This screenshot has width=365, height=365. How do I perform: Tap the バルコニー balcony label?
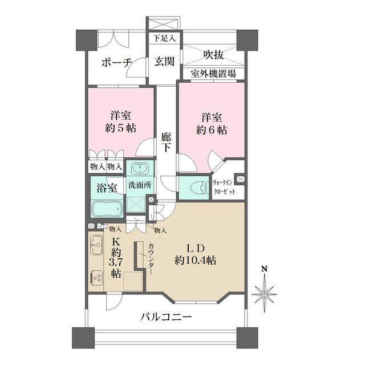[167, 317]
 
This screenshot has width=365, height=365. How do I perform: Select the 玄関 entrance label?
[164, 62]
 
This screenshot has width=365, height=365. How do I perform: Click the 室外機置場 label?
[214, 74]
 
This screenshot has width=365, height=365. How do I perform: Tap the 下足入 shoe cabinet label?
[164, 39]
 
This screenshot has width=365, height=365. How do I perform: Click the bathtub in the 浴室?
[106, 208]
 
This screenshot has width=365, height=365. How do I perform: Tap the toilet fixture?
[193, 188]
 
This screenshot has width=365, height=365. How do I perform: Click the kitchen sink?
[95, 245]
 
